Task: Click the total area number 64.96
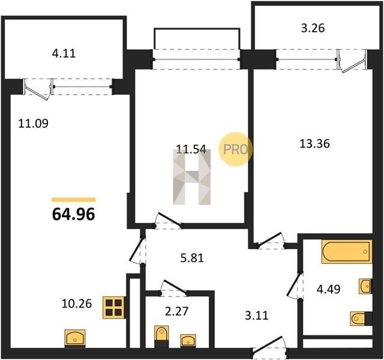pos(73,214)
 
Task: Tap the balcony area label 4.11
pos(64,53)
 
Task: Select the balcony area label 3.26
pos(313,28)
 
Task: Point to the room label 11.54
pos(191,149)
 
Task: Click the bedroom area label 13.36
pos(314,143)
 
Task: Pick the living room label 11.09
pos(34,124)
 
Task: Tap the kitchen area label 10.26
pos(77,304)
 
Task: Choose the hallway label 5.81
pos(192,258)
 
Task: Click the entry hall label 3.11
pos(257,316)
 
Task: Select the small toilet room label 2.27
pos(176,311)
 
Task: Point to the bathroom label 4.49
pos(328,289)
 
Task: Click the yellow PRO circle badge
pos(235,149)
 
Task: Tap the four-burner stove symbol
pos(114,308)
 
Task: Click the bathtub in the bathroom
pos(347,252)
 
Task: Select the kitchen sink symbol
pos(75,338)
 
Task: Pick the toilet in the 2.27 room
pos(161,336)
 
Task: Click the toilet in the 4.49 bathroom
pos(361,319)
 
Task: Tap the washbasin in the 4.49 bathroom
pos(365,286)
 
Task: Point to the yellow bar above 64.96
pos(74,200)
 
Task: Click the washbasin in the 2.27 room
pos(188,341)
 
